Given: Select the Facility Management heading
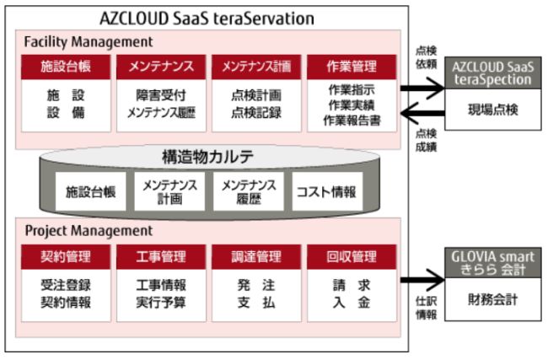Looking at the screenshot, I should click(89, 40).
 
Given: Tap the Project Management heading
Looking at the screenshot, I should click(88, 230).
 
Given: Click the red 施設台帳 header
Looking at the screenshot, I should click(65, 65).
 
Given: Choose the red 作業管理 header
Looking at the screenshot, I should click(351, 65).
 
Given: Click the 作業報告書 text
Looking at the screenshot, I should click(351, 121).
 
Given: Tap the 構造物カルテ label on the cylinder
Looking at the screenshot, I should click(207, 157).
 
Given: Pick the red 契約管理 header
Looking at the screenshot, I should click(65, 256).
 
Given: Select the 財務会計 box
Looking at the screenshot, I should click(493, 298).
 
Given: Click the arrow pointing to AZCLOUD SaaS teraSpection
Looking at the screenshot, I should click(422, 87).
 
